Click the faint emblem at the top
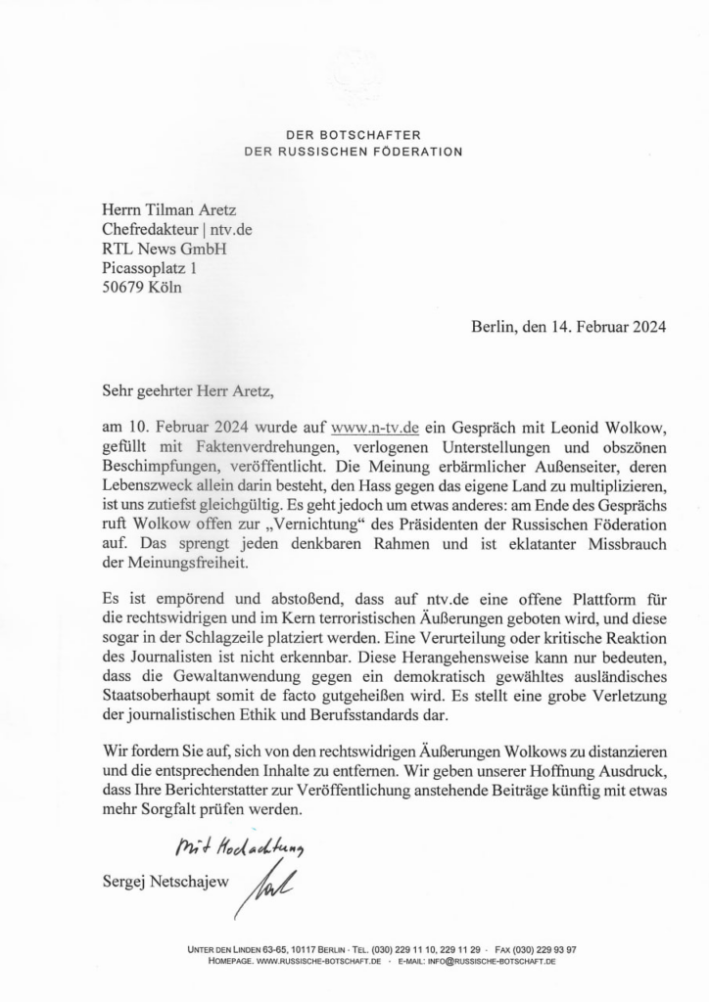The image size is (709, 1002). [x=354, y=73]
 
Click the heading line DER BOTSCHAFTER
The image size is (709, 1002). [x=354, y=135]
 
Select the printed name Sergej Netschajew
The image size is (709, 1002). [x=165, y=882]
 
